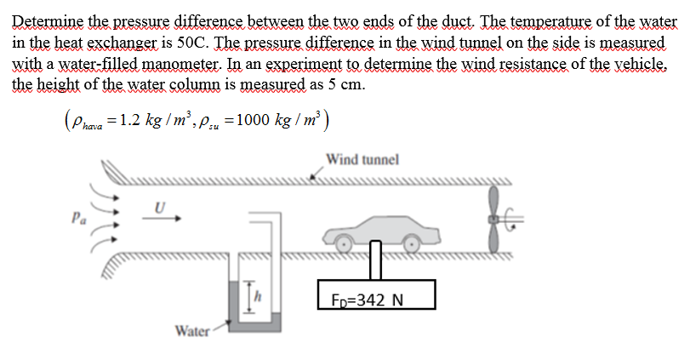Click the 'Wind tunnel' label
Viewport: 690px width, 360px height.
pos(362,158)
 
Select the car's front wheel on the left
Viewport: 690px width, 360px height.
pos(345,243)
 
